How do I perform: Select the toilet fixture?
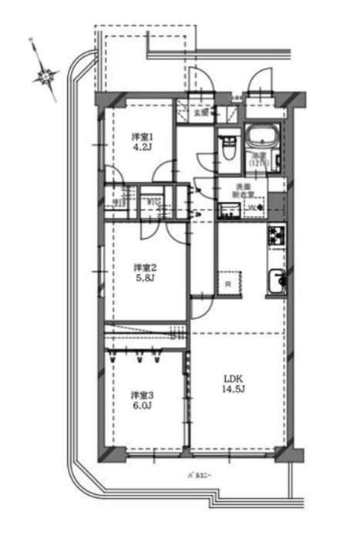tap(227, 145)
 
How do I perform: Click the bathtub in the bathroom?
tap(266, 139)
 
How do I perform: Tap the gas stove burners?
tap(276, 237)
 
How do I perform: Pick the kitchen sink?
tap(275, 283)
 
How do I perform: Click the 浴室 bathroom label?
tap(260, 158)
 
